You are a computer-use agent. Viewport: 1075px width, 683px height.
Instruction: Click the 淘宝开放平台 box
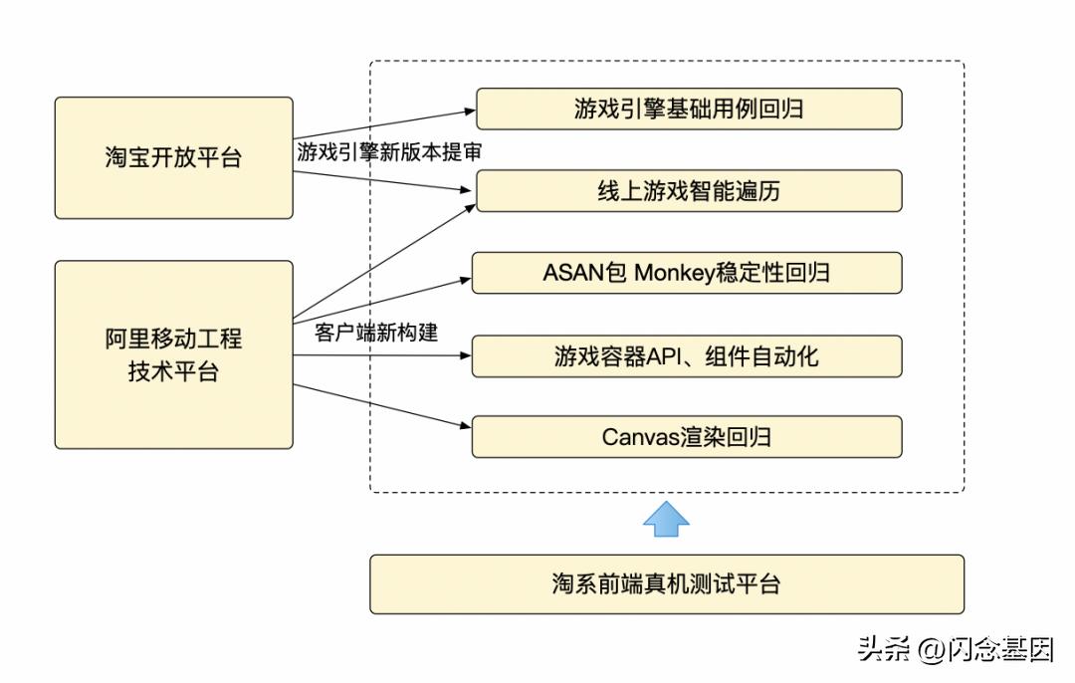tap(173, 157)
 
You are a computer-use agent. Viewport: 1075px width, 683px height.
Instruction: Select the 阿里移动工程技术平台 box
tap(173, 354)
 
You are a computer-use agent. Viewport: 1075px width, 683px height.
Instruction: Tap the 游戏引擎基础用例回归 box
tap(689, 109)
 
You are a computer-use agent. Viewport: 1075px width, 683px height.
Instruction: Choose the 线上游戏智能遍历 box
tap(689, 190)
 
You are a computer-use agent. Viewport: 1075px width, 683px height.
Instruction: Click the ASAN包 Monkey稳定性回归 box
tap(687, 273)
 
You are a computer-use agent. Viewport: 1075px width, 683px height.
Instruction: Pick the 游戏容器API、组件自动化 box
tap(687, 355)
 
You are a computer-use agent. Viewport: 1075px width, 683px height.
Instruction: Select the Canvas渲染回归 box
tap(687, 437)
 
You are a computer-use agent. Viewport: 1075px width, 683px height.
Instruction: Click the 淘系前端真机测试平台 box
tap(667, 583)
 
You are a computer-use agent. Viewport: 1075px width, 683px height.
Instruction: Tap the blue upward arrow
tap(667, 519)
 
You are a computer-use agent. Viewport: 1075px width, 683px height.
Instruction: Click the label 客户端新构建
tap(376, 333)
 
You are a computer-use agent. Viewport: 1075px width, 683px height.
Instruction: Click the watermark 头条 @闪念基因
tap(955, 650)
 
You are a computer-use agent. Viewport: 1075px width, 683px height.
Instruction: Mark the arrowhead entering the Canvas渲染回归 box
tap(465, 426)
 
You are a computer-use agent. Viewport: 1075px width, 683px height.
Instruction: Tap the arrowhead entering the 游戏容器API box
tap(465, 355)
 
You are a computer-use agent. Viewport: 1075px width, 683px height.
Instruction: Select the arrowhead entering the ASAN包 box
tap(465, 279)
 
